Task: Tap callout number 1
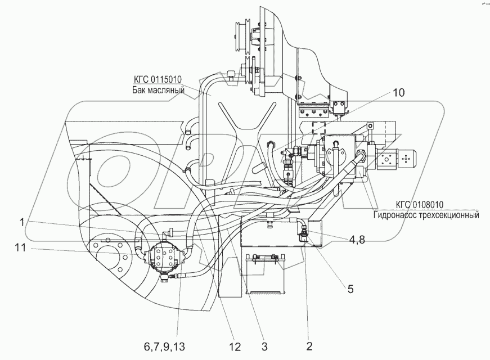(x=21, y=222)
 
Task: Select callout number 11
(x=20, y=247)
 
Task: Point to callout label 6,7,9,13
(x=165, y=346)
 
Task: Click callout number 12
(x=234, y=346)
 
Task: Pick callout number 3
(x=264, y=346)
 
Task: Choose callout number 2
(x=309, y=346)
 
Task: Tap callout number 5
(x=350, y=289)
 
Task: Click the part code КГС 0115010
(x=158, y=80)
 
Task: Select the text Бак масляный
(x=158, y=91)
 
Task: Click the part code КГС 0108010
(x=419, y=205)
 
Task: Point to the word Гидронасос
(x=393, y=215)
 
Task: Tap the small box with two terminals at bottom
(x=266, y=273)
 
